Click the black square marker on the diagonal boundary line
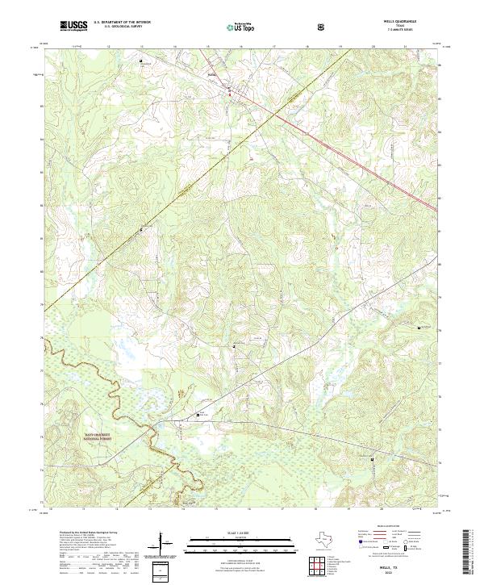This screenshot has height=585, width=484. click(x=142, y=230)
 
